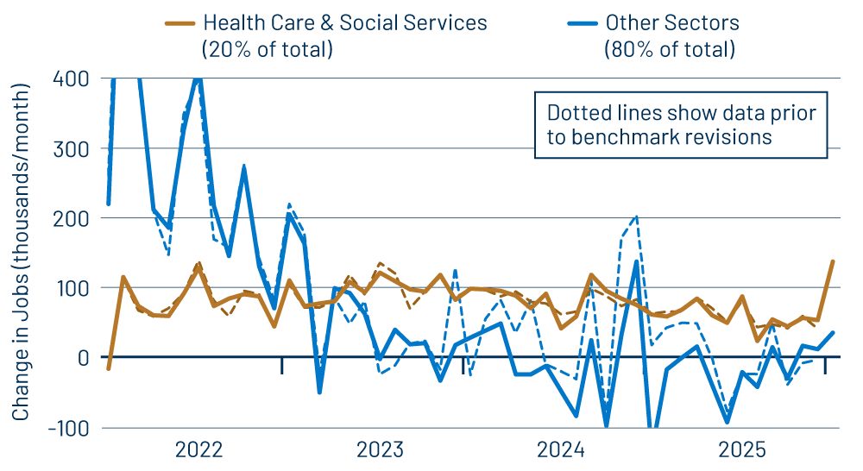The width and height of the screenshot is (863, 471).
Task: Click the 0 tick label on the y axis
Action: [x=80, y=357]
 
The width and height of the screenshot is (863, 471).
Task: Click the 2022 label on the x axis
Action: [x=198, y=449]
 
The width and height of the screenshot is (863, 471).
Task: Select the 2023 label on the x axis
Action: [x=380, y=449]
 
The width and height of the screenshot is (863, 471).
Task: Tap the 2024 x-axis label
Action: [x=561, y=449]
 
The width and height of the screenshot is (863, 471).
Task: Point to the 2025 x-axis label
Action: [x=742, y=449]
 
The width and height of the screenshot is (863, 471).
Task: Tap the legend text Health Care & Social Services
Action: [x=344, y=23]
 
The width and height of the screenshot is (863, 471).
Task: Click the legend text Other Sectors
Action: [x=672, y=23]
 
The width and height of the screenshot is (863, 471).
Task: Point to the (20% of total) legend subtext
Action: [x=267, y=50]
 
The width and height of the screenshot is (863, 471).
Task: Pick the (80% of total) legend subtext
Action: [x=670, y=50]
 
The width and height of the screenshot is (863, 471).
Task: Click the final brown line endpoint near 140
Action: [x=833, y=261]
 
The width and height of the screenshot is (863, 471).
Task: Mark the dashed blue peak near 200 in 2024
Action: [x=636, y=217]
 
